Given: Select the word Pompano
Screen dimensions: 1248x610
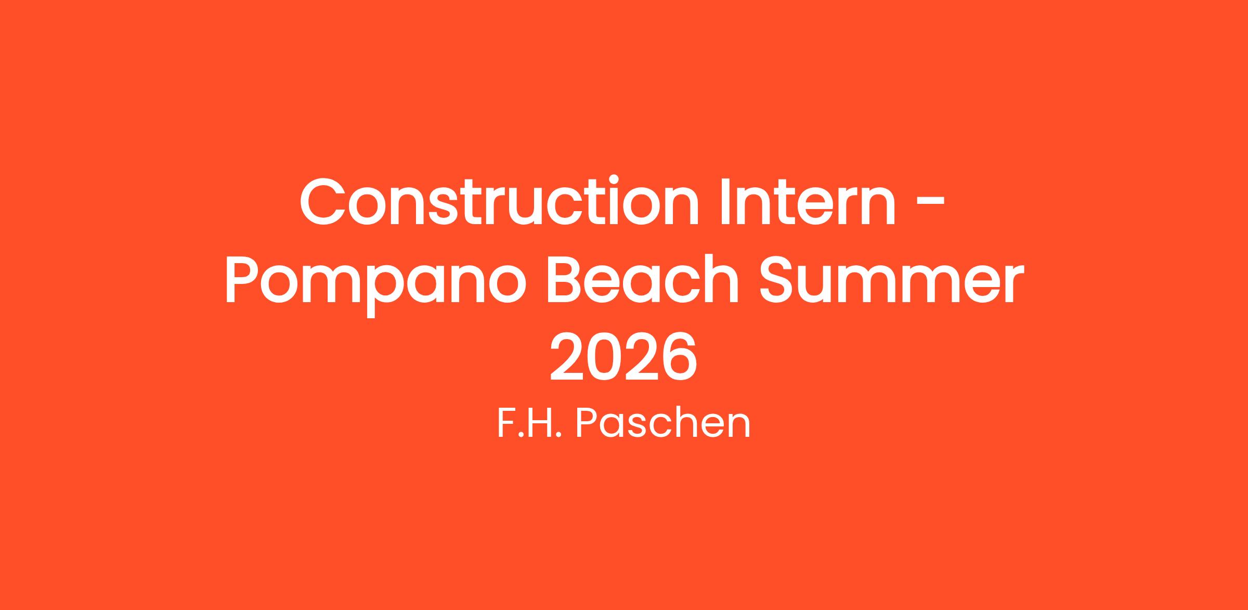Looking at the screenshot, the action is (x=375, y=283).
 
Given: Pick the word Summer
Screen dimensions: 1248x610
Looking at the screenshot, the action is (x=892, y=281).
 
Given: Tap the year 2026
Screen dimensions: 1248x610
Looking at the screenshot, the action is (x=623, y=358).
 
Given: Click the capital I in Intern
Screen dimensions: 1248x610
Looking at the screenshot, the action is (x=726, y=202).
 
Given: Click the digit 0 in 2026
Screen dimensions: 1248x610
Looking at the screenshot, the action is (x=605, y=358).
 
